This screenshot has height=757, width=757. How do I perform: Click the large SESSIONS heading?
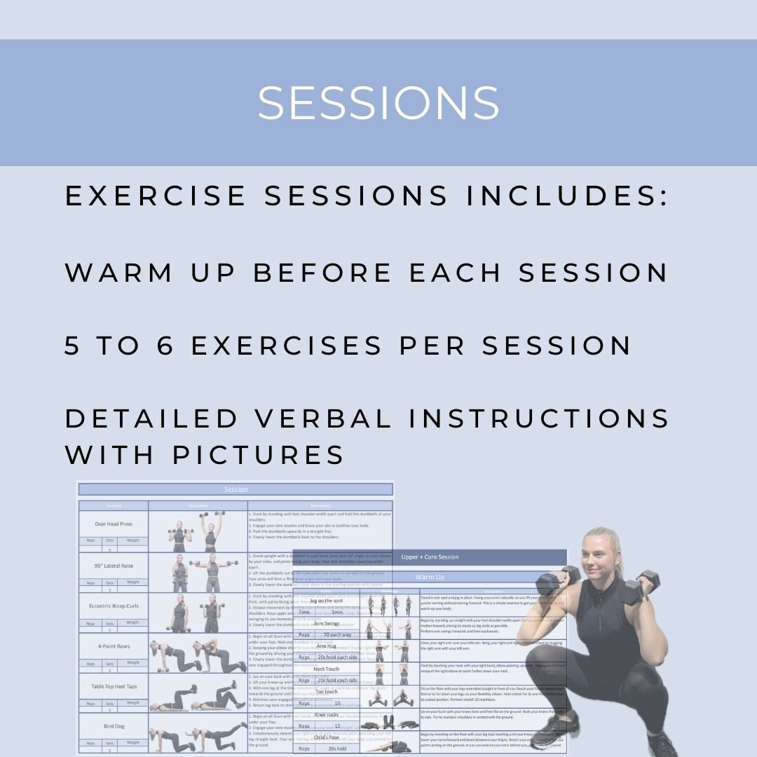[x=378, y=103]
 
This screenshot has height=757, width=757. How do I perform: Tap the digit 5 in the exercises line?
[x=73, y=345]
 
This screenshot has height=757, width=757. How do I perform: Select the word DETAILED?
[x=151, y=418]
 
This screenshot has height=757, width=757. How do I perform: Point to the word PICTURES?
[x=259, y=454]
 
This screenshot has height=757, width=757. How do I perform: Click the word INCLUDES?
[x=567, y=196]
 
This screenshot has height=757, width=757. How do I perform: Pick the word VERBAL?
[x=323, y=418]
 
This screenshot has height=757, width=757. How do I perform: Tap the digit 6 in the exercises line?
[x=165, y=345]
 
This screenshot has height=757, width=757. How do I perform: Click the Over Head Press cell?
[x=114, y=524]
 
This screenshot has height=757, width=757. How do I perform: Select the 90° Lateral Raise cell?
[x=114, y=565]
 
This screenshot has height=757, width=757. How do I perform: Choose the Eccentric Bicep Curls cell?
[x=114, y=606]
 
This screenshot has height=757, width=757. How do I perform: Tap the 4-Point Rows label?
[x=114, y=646]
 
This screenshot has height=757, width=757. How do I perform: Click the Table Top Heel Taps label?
[x=114, y=686]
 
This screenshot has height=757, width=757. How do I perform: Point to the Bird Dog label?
[x=114, y=726]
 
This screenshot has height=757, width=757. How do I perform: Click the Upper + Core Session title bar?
[x=430, y=557]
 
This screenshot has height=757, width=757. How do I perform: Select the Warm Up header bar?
[x=430, y=578]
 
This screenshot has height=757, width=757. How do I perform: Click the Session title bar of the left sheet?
[x=236, y=489]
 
